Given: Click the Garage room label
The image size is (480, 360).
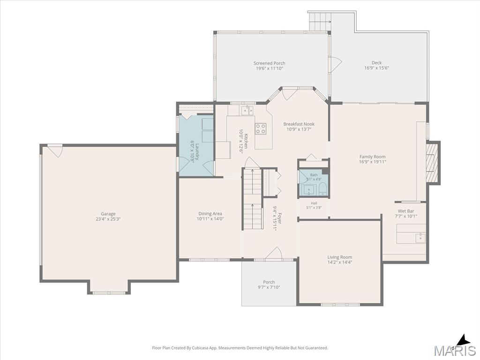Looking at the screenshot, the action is (108, 214).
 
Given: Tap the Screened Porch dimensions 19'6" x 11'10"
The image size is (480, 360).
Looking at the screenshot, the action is (270, 68).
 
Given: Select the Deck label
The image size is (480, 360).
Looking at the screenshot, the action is (376, 63).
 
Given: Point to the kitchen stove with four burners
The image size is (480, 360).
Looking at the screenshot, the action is (261, 128).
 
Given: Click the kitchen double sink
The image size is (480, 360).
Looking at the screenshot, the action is (247, 110).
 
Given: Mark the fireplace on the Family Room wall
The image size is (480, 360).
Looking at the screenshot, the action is (433, 162).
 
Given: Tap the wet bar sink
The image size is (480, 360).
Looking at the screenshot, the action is (420, 238).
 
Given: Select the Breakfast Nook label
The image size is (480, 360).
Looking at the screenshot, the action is (299, 124).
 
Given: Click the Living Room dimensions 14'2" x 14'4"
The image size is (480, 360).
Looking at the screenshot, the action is (340, 262).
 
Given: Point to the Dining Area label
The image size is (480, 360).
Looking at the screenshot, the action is (210, 214).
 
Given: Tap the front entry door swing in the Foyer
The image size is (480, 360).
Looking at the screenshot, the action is (273, 254).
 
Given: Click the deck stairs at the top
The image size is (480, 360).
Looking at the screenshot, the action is (320, 22).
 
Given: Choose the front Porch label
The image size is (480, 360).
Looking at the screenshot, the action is (269, 282).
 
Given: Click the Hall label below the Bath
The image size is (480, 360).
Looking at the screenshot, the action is (314, 203).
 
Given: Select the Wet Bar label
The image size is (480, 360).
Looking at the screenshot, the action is (406, 211).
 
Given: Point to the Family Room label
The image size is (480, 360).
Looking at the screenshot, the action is (373, 157).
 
